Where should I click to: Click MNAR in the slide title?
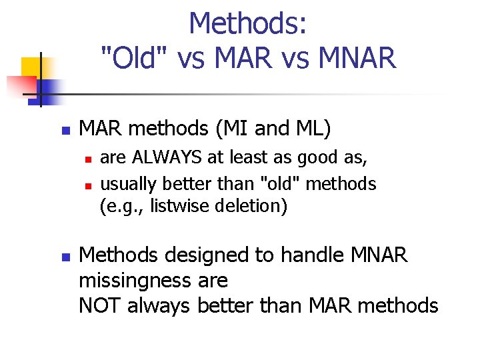(x=358, y=58)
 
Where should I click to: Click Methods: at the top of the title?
(x=248, y=24)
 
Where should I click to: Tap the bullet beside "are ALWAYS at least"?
(x=87, y=159)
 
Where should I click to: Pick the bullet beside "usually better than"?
(x=87, y=184)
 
